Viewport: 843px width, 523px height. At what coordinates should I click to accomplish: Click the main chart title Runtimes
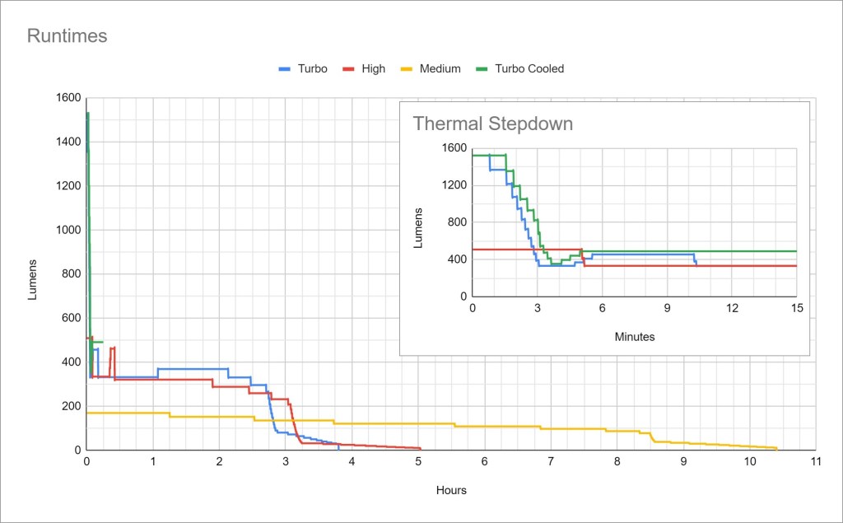tap(68, 36)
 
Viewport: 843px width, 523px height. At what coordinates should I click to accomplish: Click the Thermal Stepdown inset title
tap(492, 124)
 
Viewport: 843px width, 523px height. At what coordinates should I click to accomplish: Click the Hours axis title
tap(451, 490)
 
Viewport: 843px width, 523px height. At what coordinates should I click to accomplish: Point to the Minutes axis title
tap(635, 336)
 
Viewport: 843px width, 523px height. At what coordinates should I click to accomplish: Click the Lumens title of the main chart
tap(33, 279)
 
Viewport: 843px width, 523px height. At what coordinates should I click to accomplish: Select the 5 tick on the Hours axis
tap(418, 463)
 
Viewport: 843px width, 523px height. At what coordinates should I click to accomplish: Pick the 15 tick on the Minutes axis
tap(796, 307)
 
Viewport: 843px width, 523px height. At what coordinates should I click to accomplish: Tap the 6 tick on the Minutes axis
tap(602, 307)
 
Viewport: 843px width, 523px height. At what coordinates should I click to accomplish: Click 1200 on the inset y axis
tap(453, 185)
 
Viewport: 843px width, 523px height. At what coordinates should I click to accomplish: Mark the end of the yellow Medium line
tap(776, 449)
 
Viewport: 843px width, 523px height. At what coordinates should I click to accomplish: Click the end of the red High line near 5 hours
tap(420, 449)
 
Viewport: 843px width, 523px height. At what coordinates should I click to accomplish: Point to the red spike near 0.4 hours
tap(112, 348)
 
